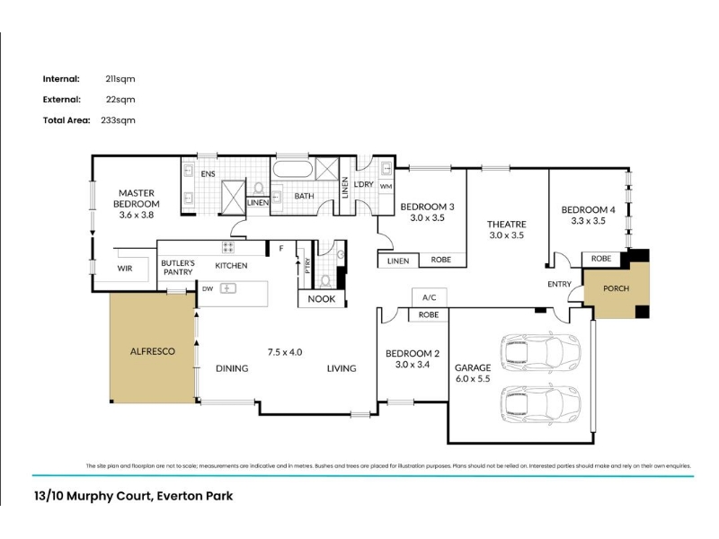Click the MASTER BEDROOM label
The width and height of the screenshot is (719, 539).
(137, 199)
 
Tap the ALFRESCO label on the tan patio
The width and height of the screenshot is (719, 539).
(153, 351)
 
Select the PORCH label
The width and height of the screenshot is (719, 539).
(616, 288)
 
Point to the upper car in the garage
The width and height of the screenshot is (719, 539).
(541, 352)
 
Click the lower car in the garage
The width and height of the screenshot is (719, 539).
(541, 404)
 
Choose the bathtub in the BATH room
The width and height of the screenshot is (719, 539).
(293, 169)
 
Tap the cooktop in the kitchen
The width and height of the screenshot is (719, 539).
(228, 247)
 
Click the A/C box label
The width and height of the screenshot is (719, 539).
(430, 297)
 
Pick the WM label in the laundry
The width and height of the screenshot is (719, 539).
(386, 187)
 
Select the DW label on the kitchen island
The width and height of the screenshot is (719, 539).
(208, 288)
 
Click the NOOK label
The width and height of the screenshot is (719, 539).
(322, 299)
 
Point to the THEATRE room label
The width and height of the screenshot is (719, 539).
(507, 224)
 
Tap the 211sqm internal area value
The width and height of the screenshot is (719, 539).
(120, 79)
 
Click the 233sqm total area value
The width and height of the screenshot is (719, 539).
(119, 120)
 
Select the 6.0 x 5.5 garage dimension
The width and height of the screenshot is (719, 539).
(473, 378)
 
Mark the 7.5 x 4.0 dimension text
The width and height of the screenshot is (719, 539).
(285, 352)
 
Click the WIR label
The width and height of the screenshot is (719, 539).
(125, 269)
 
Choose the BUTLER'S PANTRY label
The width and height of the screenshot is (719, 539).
(178, 268)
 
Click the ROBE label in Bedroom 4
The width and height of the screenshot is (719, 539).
(601, 259)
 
